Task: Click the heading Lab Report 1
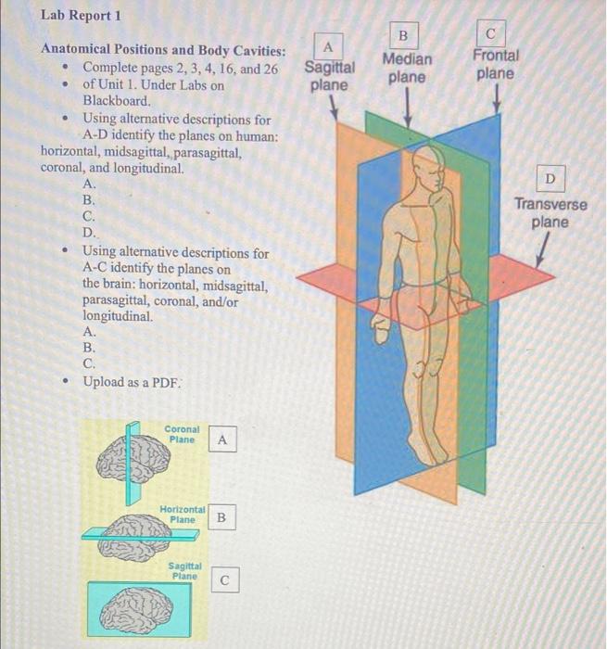point(82,16)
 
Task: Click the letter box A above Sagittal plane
point(328,45)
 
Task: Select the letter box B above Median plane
point(403,35)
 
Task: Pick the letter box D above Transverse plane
point(551,177)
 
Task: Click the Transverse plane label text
point(550,213)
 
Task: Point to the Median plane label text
point(406,68)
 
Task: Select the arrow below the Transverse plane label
point(538,249)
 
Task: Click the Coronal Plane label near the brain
point(182,434)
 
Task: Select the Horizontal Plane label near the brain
point(183,515)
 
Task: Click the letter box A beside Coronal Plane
point(221,440)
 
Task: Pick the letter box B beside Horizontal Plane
point(221,516)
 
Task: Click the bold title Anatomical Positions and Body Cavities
point(163,50)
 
